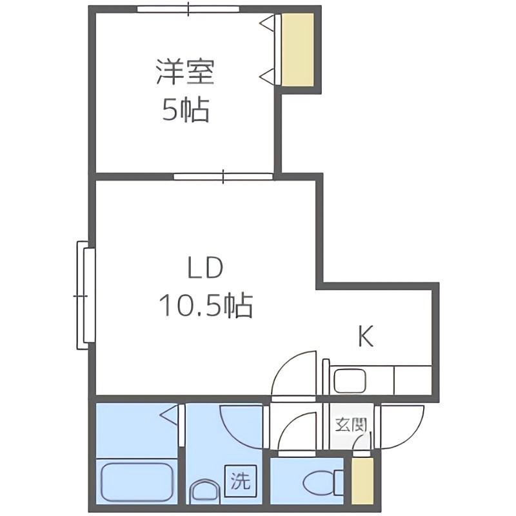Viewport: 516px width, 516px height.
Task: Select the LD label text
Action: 205,267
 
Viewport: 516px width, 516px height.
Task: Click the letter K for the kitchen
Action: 366,336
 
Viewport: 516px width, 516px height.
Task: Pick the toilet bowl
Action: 318,482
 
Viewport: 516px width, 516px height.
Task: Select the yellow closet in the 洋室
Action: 297,49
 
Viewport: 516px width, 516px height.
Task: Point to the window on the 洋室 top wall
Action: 188,10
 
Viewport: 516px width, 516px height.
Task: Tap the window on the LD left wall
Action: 84,294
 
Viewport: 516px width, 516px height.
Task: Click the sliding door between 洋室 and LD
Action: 223,175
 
